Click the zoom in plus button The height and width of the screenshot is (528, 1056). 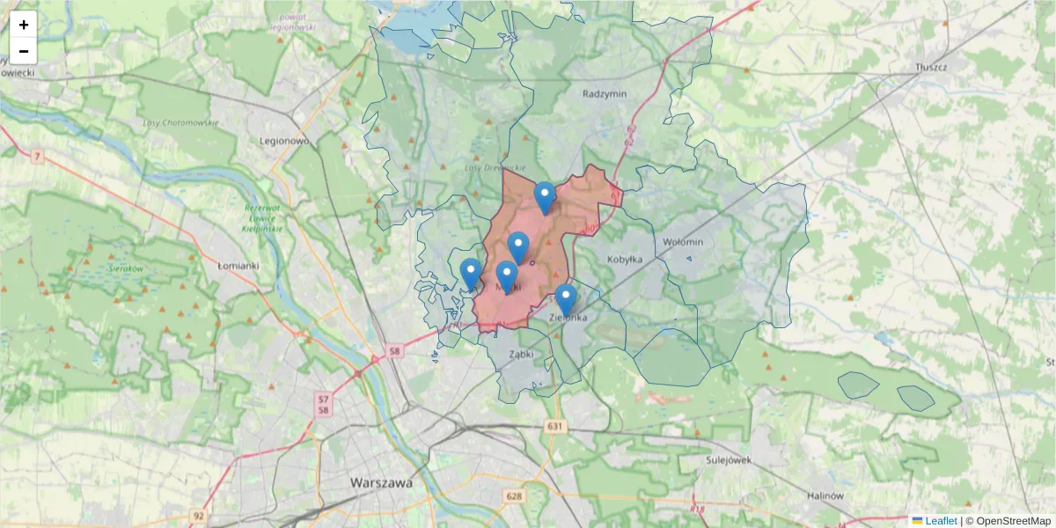[x=24, y=25]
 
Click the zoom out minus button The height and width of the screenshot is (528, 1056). [x=24, y=51]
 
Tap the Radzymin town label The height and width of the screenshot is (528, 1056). [x=604, y=92]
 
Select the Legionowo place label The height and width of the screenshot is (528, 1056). [x=284, y=140]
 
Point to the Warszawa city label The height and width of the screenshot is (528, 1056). [x=381, y=482]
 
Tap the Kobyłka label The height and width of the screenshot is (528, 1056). [x=625, y=260]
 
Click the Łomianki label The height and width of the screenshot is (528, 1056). [x=238, y=264]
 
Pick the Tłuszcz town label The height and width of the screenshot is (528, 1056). [x=929, y=67]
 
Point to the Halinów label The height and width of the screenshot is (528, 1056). [x=825, y=495]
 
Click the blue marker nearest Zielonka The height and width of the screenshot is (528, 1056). [x=566, y=299]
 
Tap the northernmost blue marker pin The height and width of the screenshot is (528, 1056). [x=546, y=197]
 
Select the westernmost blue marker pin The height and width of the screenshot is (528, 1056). [x=471, y=273]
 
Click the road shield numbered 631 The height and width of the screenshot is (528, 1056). [x=554, y=427]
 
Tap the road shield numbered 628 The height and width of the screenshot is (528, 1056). [x=515, y=496]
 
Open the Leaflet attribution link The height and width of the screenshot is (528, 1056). [x=941, y=521]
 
